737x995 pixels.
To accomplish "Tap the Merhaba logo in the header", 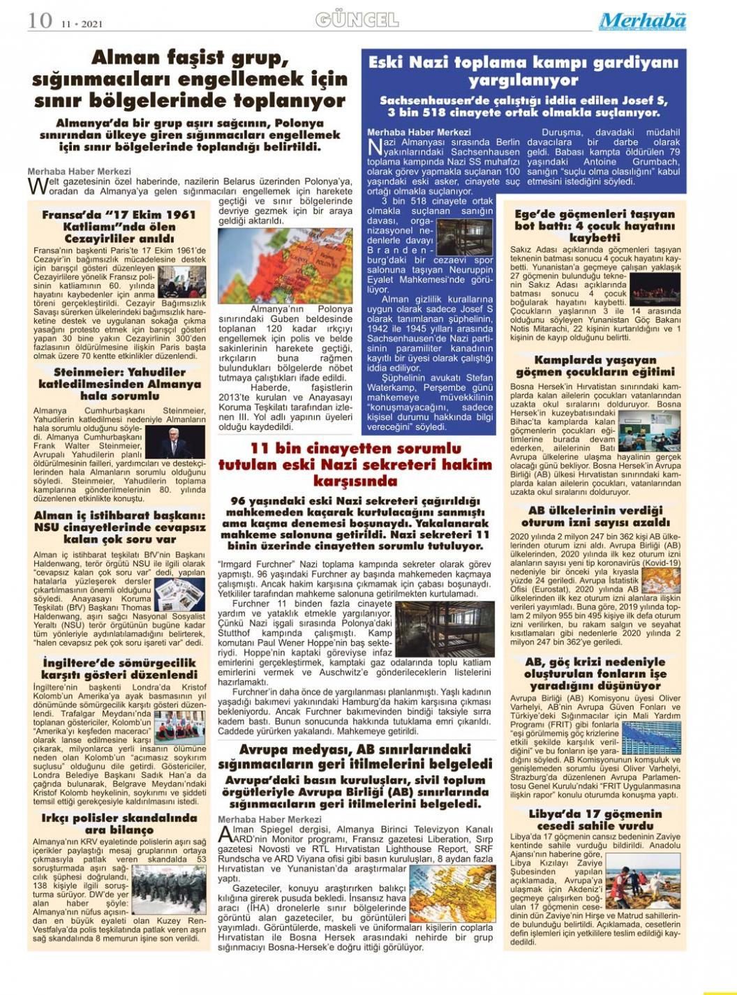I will pos(642,22).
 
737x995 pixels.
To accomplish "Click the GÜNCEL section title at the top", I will pos(357,20).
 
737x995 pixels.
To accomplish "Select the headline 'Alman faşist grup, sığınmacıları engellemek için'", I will pos(189,78).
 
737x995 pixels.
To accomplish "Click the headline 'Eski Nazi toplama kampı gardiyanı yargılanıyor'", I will pos(523,71).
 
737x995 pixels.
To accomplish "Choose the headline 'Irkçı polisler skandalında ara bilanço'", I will pos(119,824).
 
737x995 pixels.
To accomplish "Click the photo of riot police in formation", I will pos(168,890).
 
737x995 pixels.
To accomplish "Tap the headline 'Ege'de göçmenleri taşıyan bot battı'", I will pos(595,225).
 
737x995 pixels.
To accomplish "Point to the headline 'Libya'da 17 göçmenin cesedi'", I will pos(595,820).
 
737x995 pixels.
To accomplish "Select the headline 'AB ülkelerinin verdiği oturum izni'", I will pos(595,516).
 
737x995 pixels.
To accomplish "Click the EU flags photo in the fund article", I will pos(650,736).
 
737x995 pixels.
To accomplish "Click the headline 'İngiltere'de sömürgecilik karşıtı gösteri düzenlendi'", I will pos(119,668).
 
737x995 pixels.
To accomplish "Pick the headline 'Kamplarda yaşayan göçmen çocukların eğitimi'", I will pos(595,366).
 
